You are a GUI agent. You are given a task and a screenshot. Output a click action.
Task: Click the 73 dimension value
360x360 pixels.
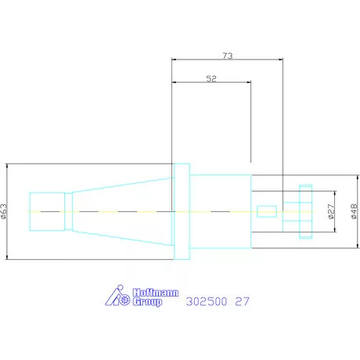pyautogui.click(x=228, y=56)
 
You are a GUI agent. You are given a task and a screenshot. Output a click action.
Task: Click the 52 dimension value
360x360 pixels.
pyautogui.click(x=211, y=78)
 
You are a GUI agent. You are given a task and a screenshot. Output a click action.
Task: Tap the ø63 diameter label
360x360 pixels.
pyautogui.click(x=3, y=211)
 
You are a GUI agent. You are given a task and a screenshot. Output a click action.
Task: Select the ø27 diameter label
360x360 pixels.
pyautogui.click(x=330, y=211)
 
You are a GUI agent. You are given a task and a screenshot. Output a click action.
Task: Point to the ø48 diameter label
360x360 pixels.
pyautogui.click(x=354, y=211)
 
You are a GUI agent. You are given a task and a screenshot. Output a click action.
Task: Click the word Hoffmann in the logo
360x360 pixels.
pyautogui.click(x=156, y=293)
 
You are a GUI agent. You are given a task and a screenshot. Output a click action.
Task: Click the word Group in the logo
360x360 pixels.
pyautogui.click(x=147, y=302)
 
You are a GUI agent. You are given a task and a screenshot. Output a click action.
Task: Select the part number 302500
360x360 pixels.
pyautogui.click(x=207, y=301)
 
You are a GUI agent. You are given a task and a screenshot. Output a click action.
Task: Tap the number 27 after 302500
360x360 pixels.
pyautogui.click(x=243, y=301)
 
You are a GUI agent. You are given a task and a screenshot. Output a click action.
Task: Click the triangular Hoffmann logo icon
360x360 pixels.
pyautogui.click(x=117, y=295)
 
